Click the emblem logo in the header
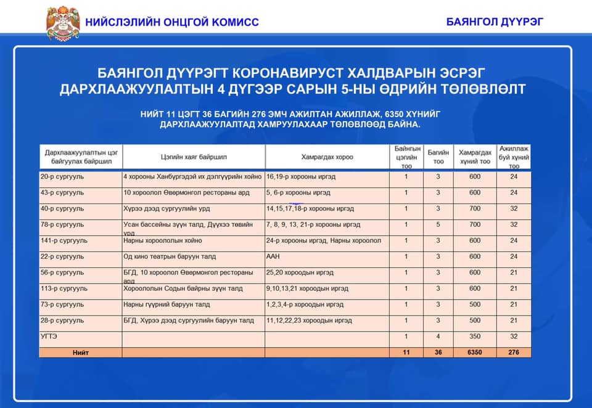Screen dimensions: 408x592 [x=63, y=23]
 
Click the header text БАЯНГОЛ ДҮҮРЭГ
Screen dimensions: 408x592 [x=495, y=22]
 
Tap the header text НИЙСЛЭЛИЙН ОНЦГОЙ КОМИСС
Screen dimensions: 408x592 [x=172, y=23]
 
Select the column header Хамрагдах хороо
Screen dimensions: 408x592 [x=327, y=157]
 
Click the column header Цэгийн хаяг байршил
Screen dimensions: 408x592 [x=194, y=157]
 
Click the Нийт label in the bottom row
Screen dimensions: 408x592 [x=80, y=353]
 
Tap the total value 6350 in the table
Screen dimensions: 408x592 [x=474, y=353]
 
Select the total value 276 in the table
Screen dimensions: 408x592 [x=514, y=353]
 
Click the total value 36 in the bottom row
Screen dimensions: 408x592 [x=438, y=353]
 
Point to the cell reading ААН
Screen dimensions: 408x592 [x=273, y=257]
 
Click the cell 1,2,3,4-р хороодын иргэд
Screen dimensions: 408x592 [x=305, y=304]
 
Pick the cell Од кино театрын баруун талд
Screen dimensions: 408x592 [x=170, y=257]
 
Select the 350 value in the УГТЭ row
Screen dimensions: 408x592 [x=474, y=337]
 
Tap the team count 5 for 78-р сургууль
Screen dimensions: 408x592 [x=438, y=225]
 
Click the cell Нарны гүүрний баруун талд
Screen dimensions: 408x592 [x=166, y=304]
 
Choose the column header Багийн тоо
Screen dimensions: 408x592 [x=438, y=157]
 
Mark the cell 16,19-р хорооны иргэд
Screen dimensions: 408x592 [x=301, y=177]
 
